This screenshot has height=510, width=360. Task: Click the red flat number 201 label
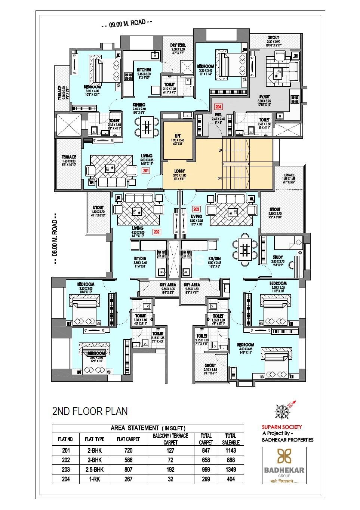(x=146, y=170)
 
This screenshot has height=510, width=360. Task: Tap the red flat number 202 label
(x=157, y=232)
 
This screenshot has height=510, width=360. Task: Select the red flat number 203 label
(x=196, y=209)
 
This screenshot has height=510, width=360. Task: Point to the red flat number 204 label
(x=218, y=107)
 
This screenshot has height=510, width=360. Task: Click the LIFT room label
(x=178, y=136)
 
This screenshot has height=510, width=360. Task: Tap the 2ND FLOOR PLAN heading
(x=90, y=412)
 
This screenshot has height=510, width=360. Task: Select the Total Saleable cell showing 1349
(x=231, y=470)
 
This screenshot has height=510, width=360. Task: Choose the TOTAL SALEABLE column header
(x=231, y=439)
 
